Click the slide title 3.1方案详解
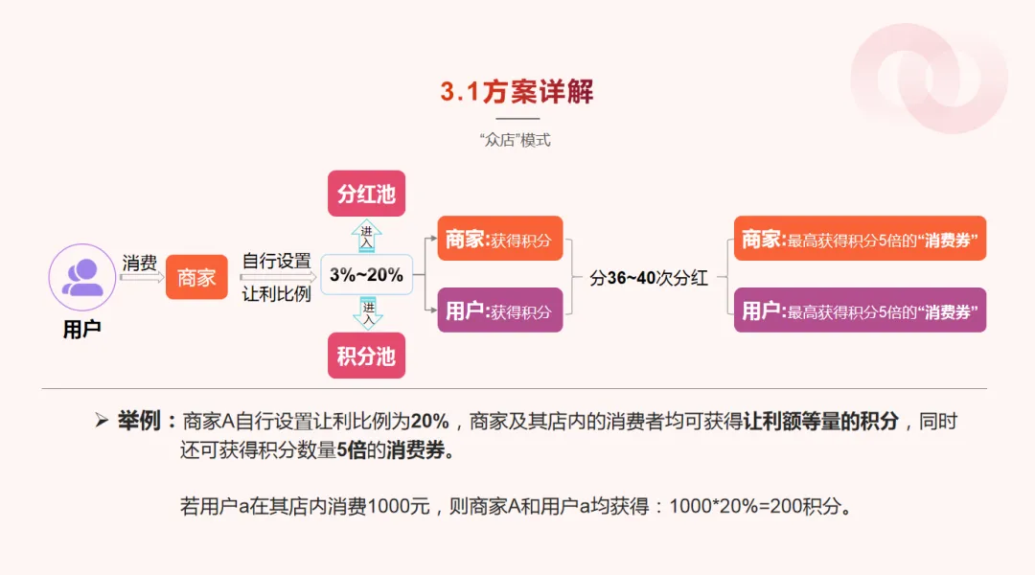517,92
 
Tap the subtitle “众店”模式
516,140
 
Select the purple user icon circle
81,277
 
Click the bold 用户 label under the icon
81,330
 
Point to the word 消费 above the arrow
140,262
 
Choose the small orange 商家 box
196,278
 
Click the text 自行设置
276,261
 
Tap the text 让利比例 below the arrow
276,294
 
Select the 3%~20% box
366,275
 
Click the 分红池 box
366,194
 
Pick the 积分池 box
366,356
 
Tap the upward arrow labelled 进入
367,236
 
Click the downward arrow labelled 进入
367,312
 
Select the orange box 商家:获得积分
499,240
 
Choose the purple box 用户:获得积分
499,310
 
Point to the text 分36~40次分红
649,278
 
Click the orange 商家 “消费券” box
860,239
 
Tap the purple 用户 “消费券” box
860,310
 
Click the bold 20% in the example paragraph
429,422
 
